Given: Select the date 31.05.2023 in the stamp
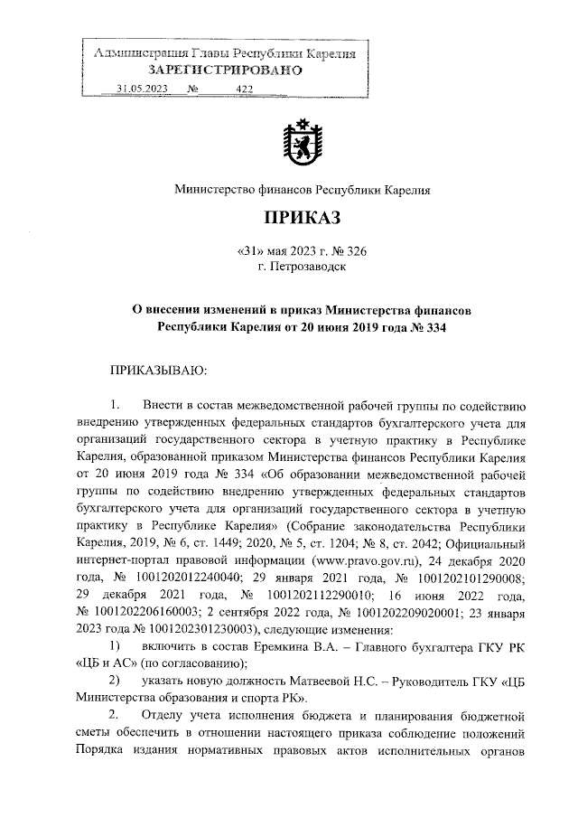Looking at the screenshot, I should pos(142,89).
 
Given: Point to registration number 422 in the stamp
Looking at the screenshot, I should pos(244,89).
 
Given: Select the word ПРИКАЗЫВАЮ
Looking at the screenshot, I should pos(158,371).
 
